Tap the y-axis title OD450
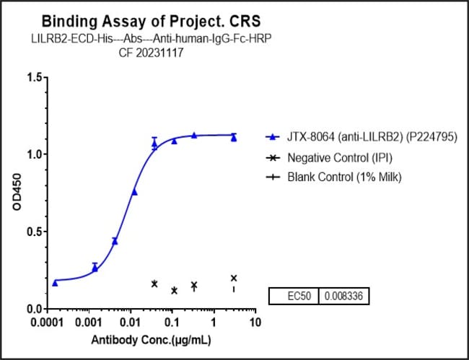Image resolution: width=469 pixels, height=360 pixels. coord(15,193)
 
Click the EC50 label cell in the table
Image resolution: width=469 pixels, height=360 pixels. coord(294,296)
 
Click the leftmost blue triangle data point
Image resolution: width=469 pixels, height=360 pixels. coord(56,282)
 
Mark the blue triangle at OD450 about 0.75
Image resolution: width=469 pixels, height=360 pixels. coord(134,192)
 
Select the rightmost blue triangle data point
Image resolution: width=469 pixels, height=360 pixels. coord(234,137)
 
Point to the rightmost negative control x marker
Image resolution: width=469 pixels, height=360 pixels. coord(234,278)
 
